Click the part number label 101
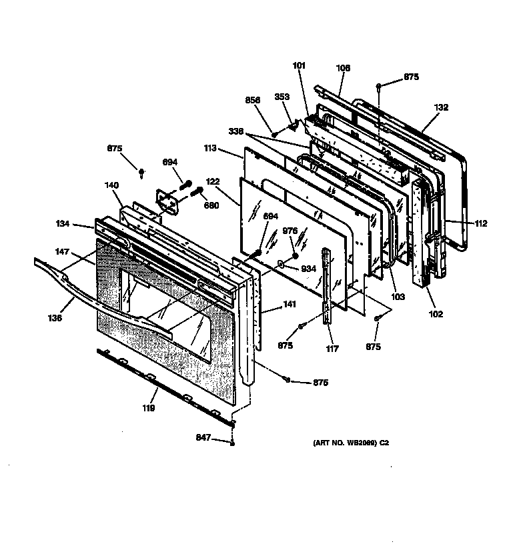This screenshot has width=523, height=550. click(299, 65)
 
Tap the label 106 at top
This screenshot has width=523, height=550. click(343, 68)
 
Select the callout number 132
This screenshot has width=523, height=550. click(441, 107)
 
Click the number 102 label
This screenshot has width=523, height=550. click(435, 314)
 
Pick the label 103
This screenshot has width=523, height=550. click(397, 297)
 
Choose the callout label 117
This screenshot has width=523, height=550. click(332, 349)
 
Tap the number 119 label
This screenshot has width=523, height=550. click(147, 409)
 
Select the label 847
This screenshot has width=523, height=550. click(203, 438)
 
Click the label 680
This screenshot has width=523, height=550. click(211, 205)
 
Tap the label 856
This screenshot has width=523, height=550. click(252, 100)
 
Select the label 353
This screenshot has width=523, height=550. click(282, 97)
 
